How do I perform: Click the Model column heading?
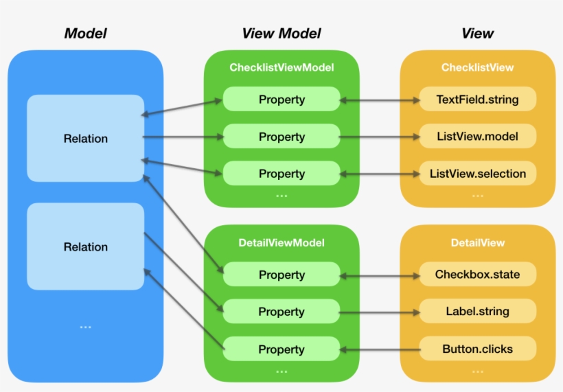click(85, 33)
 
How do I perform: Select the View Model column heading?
click(281, 33)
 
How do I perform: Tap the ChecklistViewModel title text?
click(281, 67)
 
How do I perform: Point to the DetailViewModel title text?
click(281, 242)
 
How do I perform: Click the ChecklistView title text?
click(477, 67)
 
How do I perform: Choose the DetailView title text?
click(477, 242)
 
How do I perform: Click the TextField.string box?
click(477, 100)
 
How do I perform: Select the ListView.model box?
click(477, 137)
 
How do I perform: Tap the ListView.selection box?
click(477, 174)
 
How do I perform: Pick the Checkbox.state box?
click(477, 275)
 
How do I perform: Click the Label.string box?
click(477, 312)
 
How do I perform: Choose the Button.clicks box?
click(477, 349)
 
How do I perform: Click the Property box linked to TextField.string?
click(281, 100)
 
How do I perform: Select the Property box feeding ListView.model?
click(281, 137)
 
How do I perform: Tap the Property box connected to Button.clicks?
click(281, 349)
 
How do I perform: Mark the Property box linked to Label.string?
click(281, 312)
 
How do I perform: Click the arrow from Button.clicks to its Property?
click(380, 349)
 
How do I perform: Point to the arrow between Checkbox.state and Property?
click(380, 275)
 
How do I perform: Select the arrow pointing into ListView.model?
click(380, 137)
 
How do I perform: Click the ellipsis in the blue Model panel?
click(85, 327)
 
